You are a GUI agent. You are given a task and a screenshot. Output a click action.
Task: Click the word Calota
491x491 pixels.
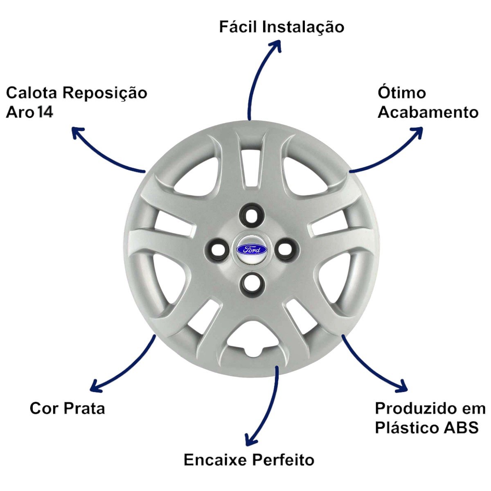(x=32, y=93)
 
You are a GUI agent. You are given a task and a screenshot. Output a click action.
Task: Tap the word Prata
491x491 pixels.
(x=84, y=409)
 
